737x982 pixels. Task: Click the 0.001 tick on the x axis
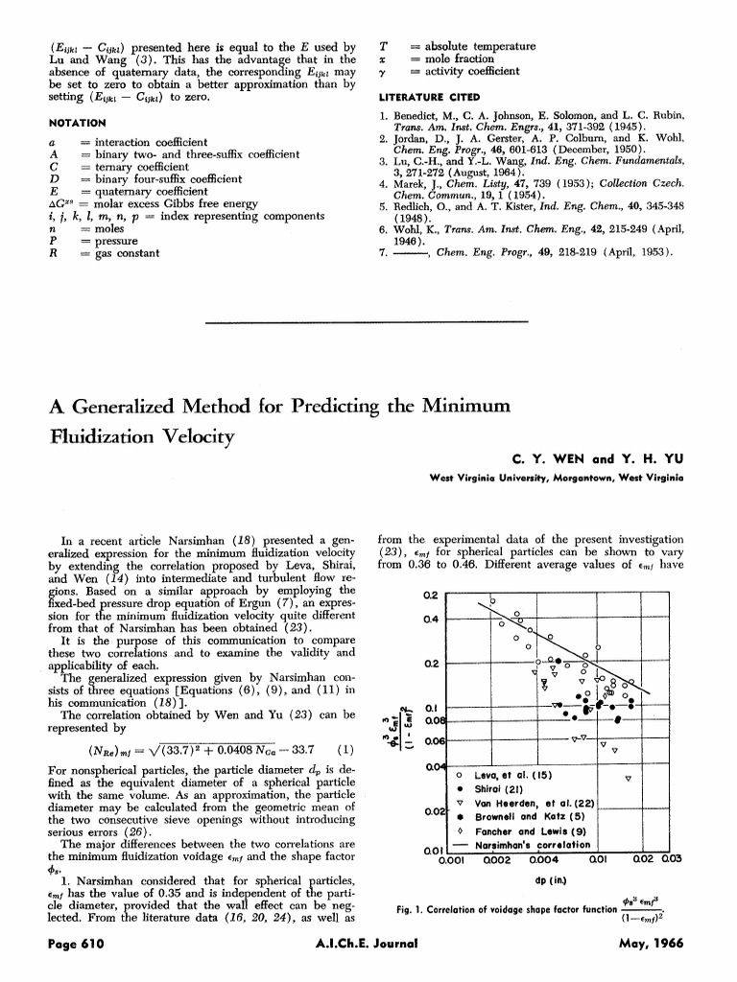click(x=451, y=860)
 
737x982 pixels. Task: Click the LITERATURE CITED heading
click(x=429, y=98)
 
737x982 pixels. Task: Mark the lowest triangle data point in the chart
click(x=628, y=779)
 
